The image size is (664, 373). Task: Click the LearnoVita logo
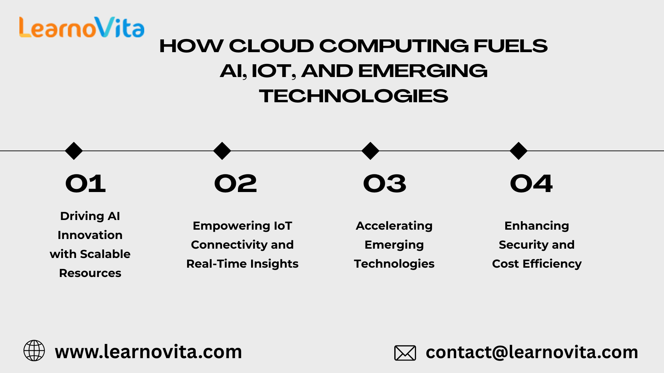pos(82,27)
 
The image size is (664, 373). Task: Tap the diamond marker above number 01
pos(74,151)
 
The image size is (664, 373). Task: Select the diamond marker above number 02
pos(222,151)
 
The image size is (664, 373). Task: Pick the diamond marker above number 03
pos(370,151)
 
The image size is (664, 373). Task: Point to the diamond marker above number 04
pos(518,151)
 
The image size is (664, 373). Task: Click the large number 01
pos(85,183)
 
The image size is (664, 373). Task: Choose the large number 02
pos(236,183)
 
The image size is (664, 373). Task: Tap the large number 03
pos(385,183)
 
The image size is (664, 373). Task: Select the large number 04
pos(532,183)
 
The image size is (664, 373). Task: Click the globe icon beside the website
pos(34,351)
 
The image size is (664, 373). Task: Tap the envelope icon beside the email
pos(405,353)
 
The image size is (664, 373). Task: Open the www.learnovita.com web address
pos(148,352)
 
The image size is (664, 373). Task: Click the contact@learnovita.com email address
pos(532,352)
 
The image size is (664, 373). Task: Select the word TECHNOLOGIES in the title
pos(353,96)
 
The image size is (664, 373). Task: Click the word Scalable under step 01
pos(105,254)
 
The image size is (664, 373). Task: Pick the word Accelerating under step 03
pos(394,226)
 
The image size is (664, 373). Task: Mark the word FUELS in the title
pos(510,46)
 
